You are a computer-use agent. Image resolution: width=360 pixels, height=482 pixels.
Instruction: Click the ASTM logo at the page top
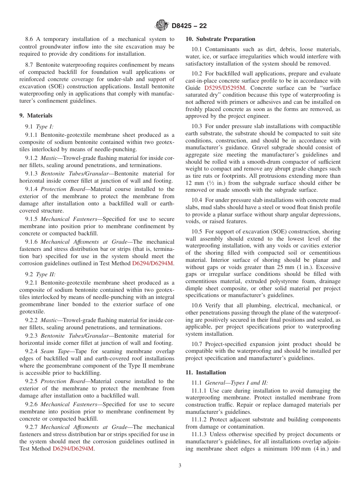point(162,26)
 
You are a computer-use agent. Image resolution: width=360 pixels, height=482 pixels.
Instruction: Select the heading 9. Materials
point(36,116)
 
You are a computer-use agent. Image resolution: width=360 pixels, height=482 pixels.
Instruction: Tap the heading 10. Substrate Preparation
point(220,39)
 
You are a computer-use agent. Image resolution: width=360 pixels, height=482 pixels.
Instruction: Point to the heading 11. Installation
point(205,372)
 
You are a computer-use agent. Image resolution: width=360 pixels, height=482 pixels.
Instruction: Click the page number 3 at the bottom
point(180,465)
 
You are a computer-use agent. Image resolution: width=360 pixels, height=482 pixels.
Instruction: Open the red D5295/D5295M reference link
point(225,88)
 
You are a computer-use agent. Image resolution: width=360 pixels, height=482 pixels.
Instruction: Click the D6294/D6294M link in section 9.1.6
point(153,263)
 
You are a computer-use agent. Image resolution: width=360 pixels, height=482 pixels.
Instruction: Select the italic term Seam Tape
point(55,351)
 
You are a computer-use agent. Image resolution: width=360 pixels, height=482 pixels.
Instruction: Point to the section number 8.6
point(29,39)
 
